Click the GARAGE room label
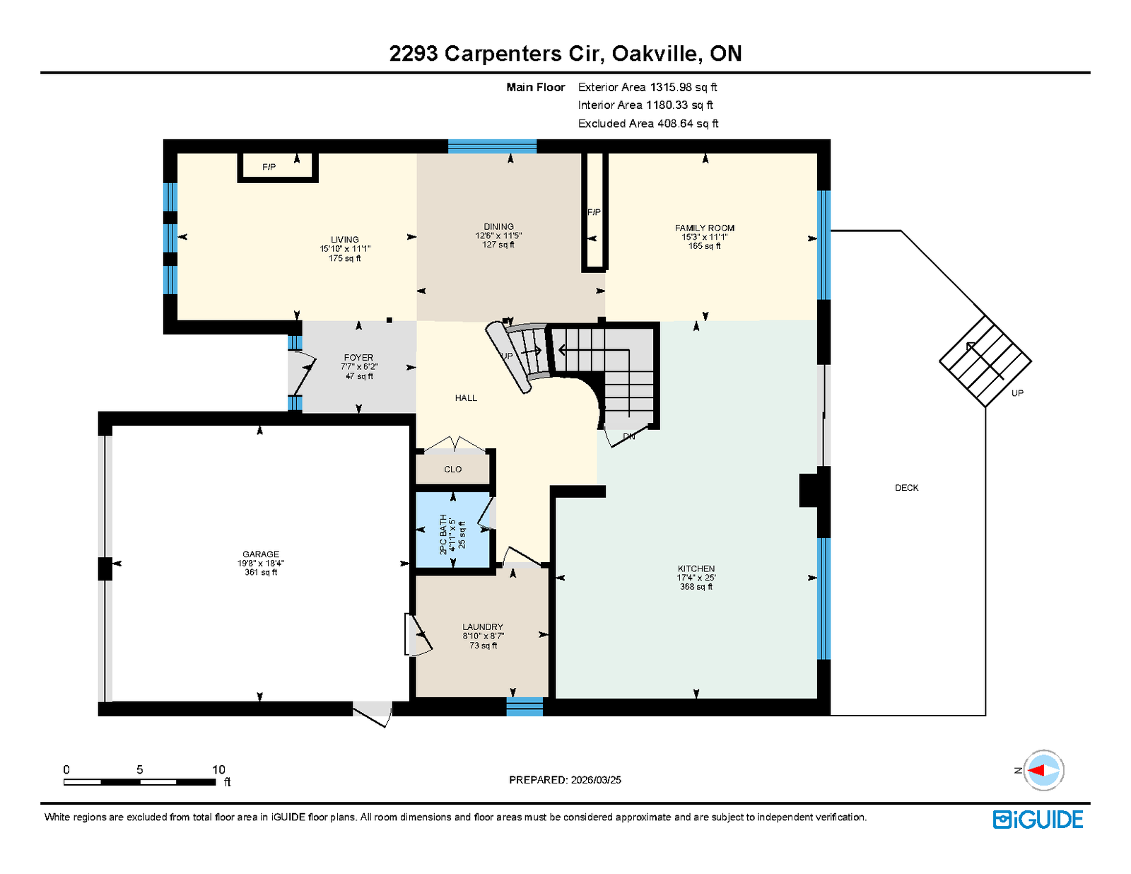260,554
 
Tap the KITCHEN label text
696,569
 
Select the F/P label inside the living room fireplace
269,167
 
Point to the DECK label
906,488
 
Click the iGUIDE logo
1037,820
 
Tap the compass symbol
1043,771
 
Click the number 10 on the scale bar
218,769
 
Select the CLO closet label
452,469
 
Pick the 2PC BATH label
443,534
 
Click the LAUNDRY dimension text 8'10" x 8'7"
483,636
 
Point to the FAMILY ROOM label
704,228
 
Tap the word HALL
466,397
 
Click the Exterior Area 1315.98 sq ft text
647,87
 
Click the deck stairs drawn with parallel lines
985,361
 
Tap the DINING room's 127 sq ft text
498,245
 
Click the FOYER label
358,357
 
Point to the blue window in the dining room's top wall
492,146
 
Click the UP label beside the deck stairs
1017,393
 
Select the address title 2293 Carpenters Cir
496,53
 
